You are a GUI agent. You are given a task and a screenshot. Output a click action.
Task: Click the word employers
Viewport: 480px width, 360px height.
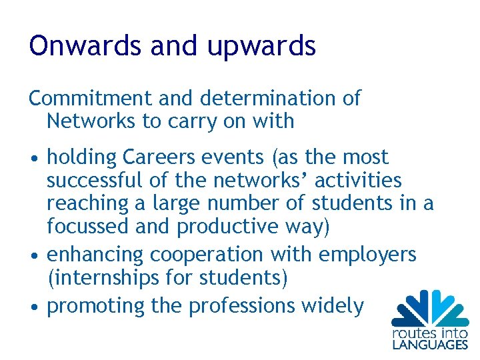pos(367,255)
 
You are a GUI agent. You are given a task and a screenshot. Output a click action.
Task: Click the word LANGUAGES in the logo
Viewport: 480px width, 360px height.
pos(429,344)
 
